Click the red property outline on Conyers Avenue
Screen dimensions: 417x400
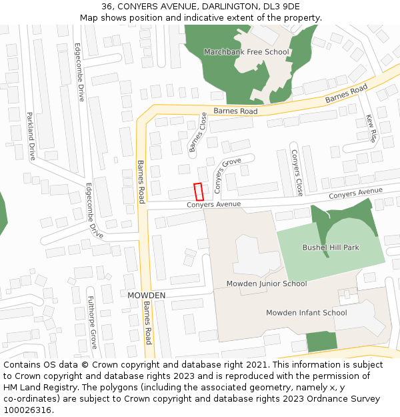[x=198, y=191]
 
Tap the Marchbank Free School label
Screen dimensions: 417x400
[x=246, y=52]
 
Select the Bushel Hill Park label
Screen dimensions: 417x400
[x=331, y=248]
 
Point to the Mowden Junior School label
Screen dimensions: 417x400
[x=267, y=284]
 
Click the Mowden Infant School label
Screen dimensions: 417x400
[x=306, y=312]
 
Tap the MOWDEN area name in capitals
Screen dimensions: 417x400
[x=146, y=295]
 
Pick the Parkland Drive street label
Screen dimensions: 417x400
[x=31, y=136]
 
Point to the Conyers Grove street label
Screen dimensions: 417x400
[x=227, y=171]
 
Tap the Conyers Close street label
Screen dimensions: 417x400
[x=297, y=172]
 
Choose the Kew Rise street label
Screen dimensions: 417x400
[x=371, y=129]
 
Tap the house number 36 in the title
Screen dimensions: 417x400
[x=107, y=6]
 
